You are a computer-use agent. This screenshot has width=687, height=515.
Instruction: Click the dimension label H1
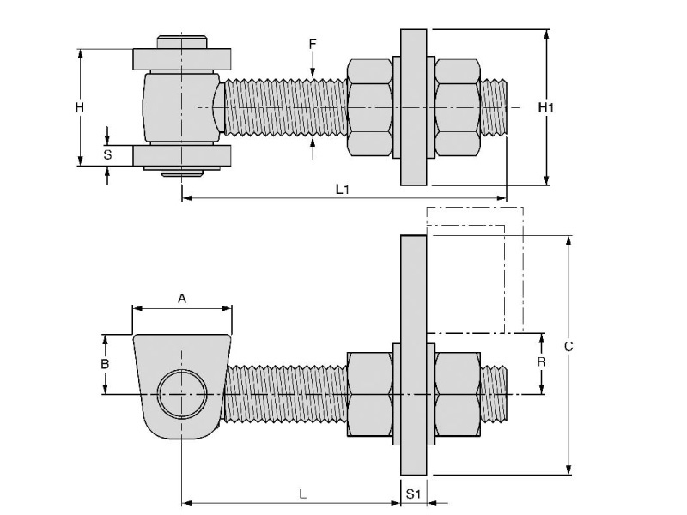pyautogui.click(x=546, y=107)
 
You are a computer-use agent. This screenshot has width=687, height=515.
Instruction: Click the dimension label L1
pyautogui.click(x=342, y=189)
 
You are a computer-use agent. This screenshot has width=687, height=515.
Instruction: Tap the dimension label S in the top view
pyautogui.click(x=107, y=154)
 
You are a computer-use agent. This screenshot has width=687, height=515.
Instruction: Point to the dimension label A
pyautogui.click(x=181, y=299)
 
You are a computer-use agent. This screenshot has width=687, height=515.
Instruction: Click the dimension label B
pyautogui.click(x=105, y=364)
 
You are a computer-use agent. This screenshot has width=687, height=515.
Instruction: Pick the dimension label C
pyautogui.click(x=568, y=347)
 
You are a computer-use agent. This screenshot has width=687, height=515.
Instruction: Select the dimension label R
pyautogui.click(x=541, y=362)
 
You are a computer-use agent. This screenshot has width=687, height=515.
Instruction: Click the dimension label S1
pyautogui.click(x=413, y=494)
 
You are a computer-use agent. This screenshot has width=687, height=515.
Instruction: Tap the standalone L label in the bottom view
pyautogui.click(x=302, y=494)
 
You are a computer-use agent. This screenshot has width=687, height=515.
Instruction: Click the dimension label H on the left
pyautogui.click(x=79, y=107)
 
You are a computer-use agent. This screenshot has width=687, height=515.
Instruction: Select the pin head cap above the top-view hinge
pyautogui.click(x=181, y=41)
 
